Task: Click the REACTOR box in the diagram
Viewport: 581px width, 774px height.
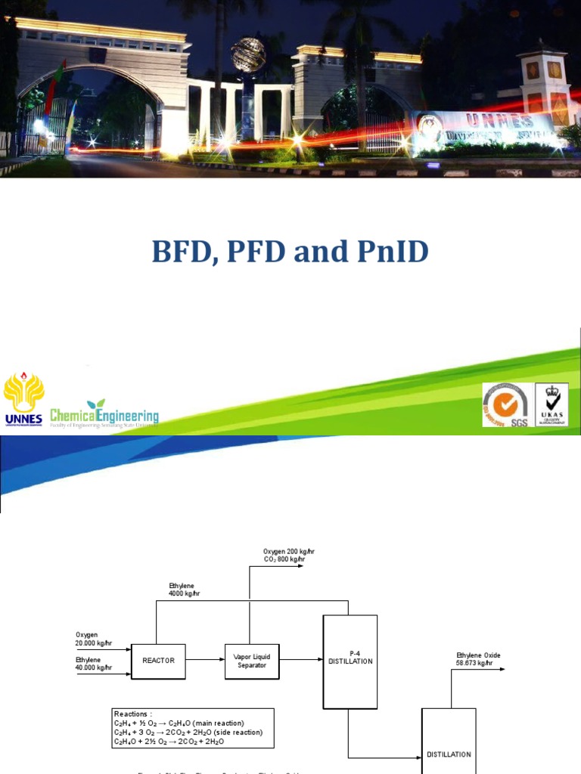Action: (158, 660)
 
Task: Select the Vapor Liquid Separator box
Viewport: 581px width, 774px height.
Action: (253, 661)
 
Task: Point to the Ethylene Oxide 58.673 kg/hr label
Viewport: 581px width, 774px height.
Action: (478, 659)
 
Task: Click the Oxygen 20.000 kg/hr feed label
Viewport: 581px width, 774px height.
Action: (94, 639)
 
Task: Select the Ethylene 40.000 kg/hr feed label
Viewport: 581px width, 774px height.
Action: (94, 664)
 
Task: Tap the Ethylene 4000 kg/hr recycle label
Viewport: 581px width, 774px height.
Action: (185, 590)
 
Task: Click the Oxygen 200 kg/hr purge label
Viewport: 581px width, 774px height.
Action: (288, 551)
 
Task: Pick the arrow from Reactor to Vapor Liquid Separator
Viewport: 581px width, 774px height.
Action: (204, 660)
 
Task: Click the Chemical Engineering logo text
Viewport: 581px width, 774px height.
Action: (104, 415)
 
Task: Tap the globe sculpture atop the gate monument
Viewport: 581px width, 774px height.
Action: (248, 54)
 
